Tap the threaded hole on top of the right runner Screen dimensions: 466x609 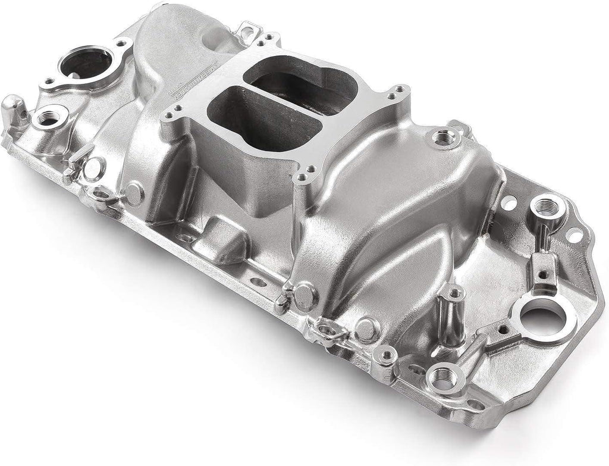[x=442, y=138]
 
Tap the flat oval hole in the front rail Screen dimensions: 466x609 [x=255, y=283]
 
